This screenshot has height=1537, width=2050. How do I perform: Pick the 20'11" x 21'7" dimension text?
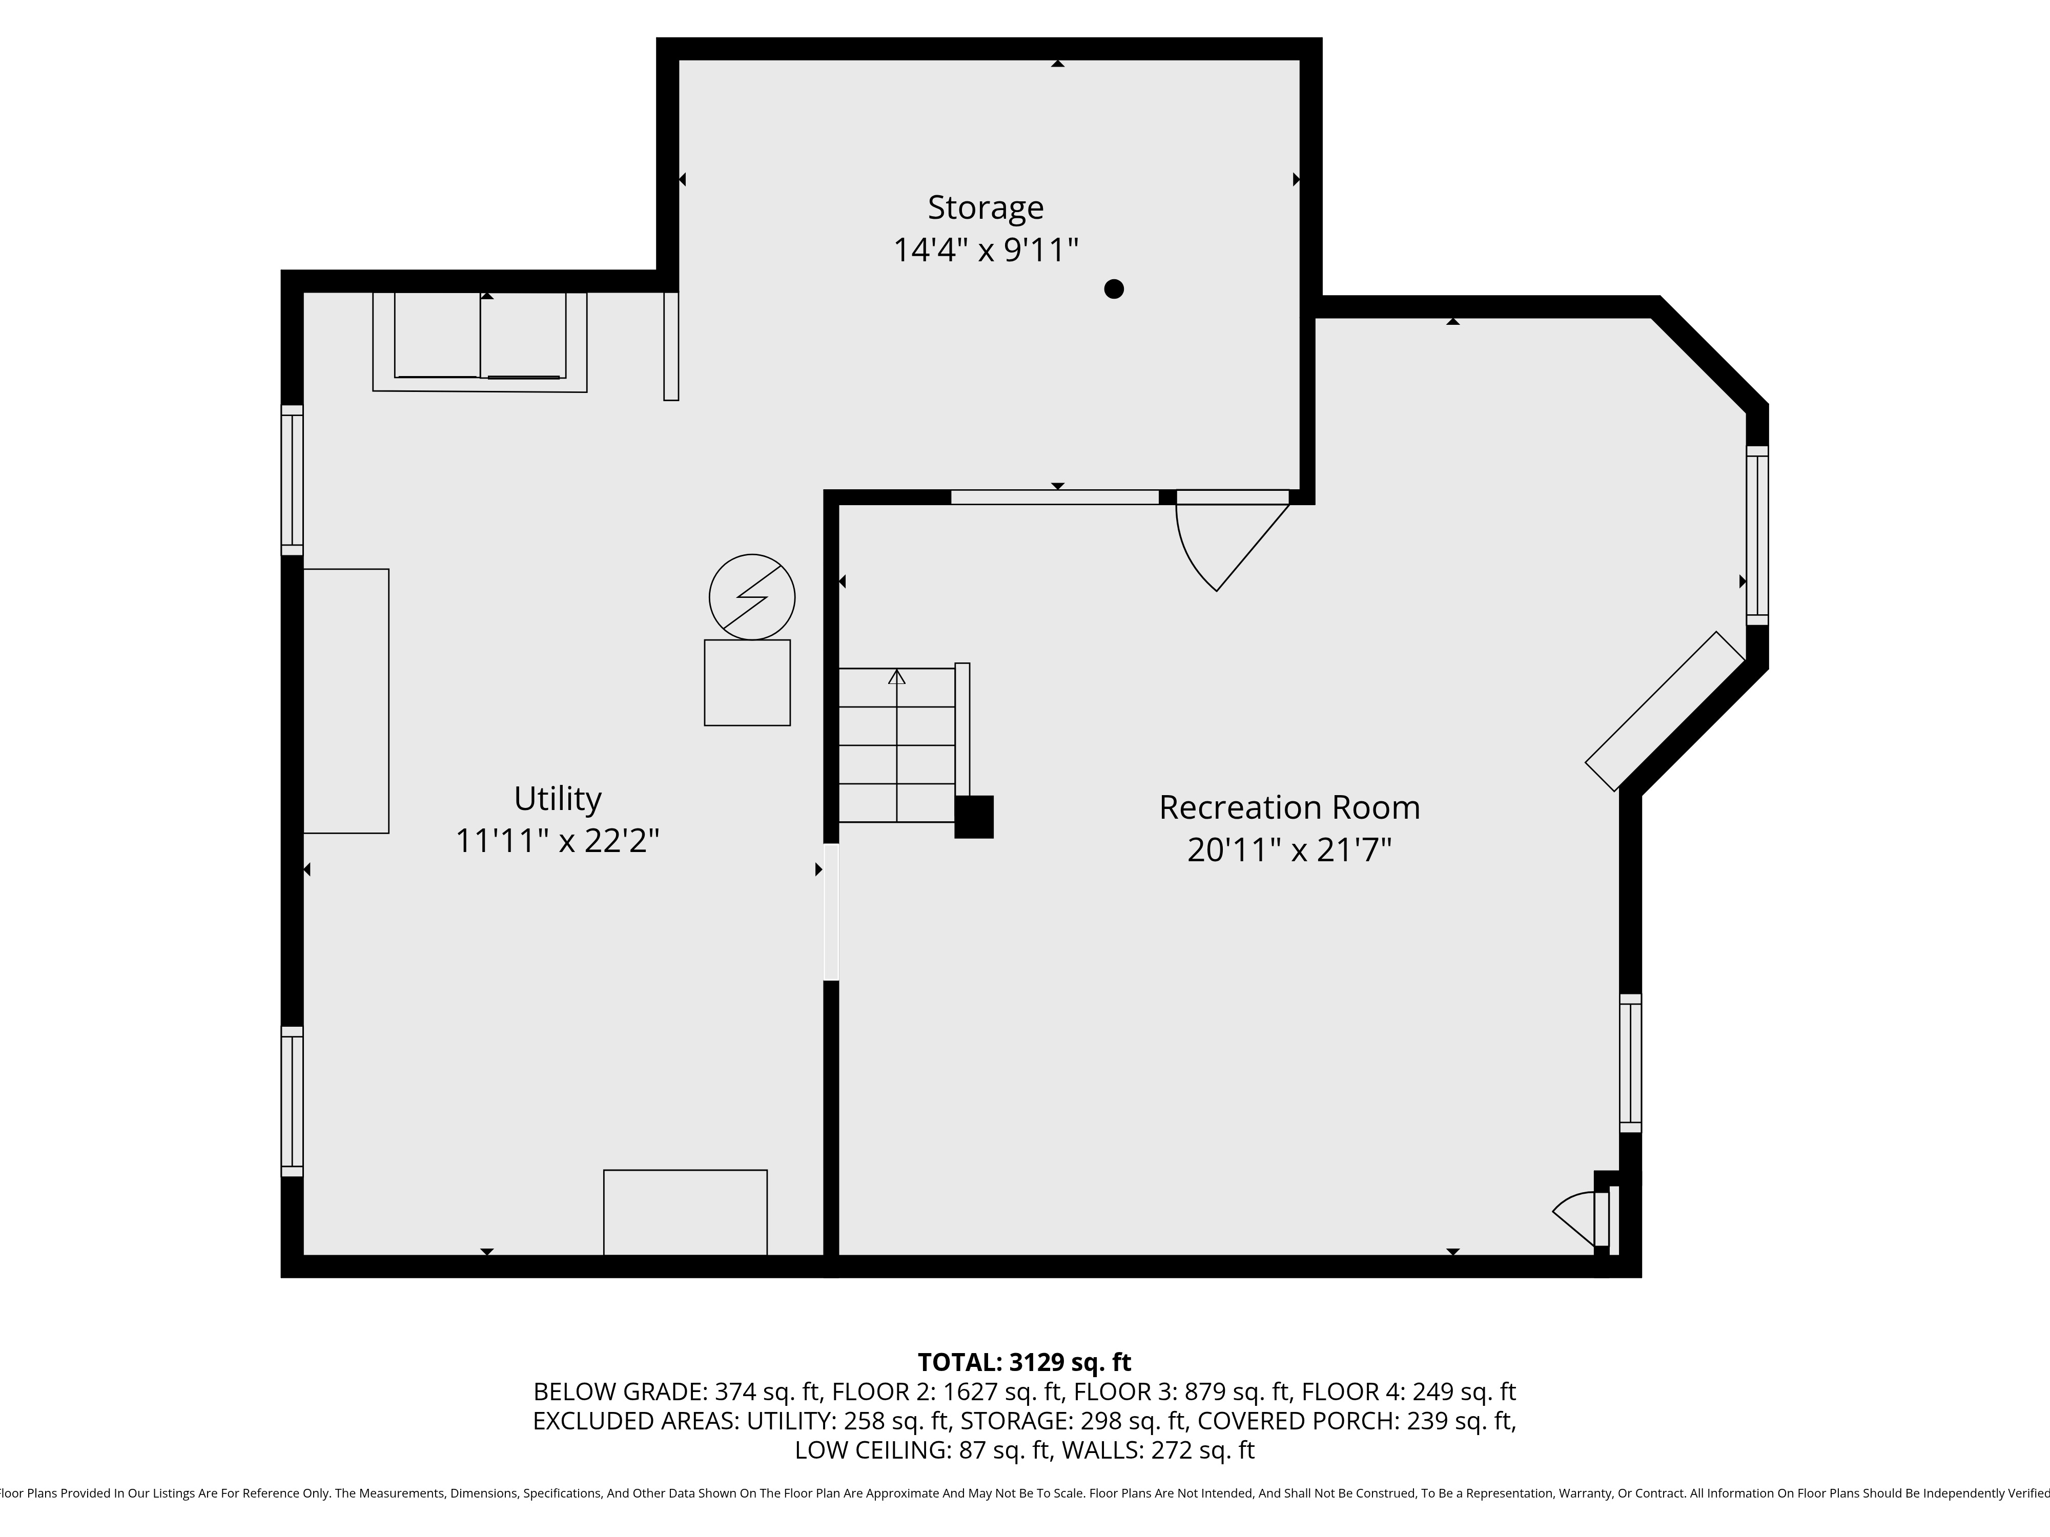tap(1288, 849)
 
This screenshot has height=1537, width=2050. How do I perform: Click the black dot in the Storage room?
tap(1114, 289)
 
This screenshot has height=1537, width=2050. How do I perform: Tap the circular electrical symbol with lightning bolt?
tap(752, 597)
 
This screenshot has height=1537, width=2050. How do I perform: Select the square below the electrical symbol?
tap(747, 683)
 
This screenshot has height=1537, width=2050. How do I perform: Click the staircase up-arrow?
tap(896, 678)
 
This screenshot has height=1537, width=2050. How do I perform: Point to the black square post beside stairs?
tap(974, 817)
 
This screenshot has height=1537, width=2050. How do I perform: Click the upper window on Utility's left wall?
tap(292, 480)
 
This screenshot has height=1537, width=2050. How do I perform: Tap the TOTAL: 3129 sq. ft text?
tap(1024, 1362)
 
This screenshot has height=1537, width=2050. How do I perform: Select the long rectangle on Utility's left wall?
tap(346, 701)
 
